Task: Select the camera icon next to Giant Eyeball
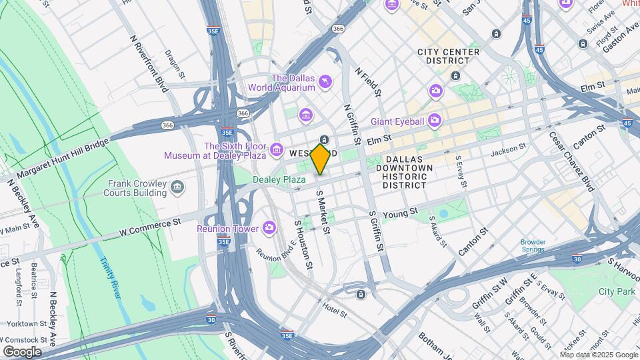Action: pos(435,121)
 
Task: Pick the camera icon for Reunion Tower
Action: pos(269,228)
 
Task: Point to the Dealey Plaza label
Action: pos(279,179)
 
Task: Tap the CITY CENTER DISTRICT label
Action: pos(448,57)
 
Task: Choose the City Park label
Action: pos(617,291)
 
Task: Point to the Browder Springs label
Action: pos(533,246)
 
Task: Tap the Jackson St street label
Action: pos(509,152)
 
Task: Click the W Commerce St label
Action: pos(150,227)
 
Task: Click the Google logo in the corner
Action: pos(22,351)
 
